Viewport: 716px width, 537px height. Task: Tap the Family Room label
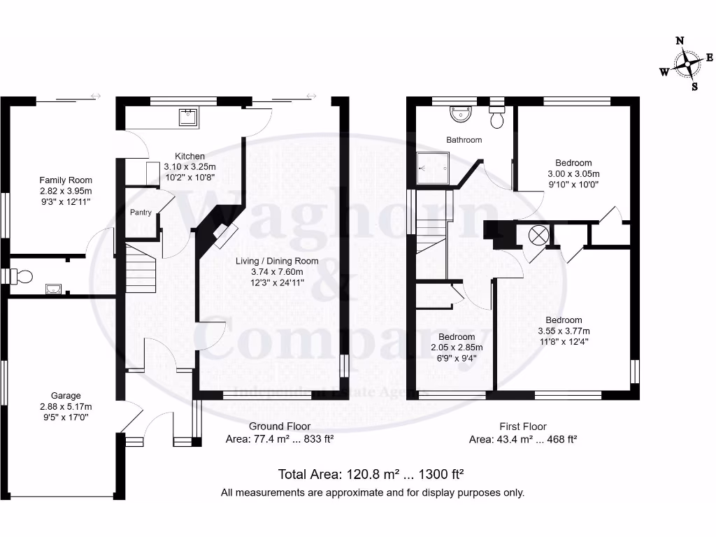(65, 180)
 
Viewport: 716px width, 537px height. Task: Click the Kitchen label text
(189, 156)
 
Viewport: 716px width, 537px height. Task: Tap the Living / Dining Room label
(276, 261)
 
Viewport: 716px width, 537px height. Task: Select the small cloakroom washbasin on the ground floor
(52, 287)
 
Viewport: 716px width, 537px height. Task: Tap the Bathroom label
(464, 140)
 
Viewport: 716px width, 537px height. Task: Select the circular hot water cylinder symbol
(538, 235)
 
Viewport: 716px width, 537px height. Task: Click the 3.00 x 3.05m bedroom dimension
(573, 174)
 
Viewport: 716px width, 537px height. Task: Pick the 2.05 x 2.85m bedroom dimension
(456, 348)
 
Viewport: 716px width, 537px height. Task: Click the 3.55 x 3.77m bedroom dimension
(564, 331)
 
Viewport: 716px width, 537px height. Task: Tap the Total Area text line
(371, 473)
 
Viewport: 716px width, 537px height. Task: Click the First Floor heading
(522, 426)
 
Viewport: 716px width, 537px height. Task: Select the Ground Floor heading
(280, 426)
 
